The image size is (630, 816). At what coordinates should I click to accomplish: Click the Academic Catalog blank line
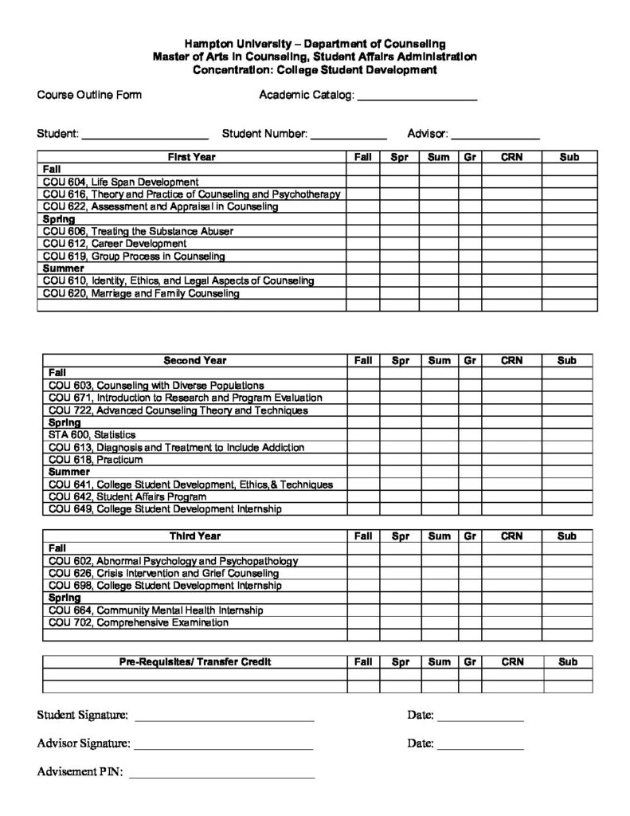pyautogui.click(x=416, y=98)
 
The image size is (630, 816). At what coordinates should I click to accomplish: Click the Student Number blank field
pyautogui.click(x=348, y=136)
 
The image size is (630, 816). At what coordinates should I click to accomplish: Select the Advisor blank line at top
pyautogui.click(x=495, y=136)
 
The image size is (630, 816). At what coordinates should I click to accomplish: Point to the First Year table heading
pyautogui.click(x=191, y=158)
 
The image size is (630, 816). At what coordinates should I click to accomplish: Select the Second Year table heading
pyautogui.click(x=194, y=361)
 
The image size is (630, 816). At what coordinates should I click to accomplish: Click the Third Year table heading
pyautogui.click(x=194, y=536)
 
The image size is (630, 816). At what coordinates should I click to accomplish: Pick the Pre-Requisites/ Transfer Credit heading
pyautogui.click(x=194, y=662)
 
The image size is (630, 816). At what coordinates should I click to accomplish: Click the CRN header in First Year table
pyautogui.click(x=511, y=158)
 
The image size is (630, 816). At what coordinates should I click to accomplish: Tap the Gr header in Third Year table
pyautogui.click(x=470, y=536)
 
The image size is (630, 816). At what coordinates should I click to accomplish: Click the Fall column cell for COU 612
pyautogui.click(x=362, y=244)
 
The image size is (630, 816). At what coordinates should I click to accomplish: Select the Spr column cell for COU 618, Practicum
pyautogui.click(x=400, y=460)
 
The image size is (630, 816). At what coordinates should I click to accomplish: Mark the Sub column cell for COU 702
pyautogui.click(x=567, y=622)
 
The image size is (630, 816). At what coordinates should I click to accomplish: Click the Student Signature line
pyautogui.click(x=224, y=717)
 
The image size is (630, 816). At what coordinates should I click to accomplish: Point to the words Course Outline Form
pyautogui.click(x=89, y=96)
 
